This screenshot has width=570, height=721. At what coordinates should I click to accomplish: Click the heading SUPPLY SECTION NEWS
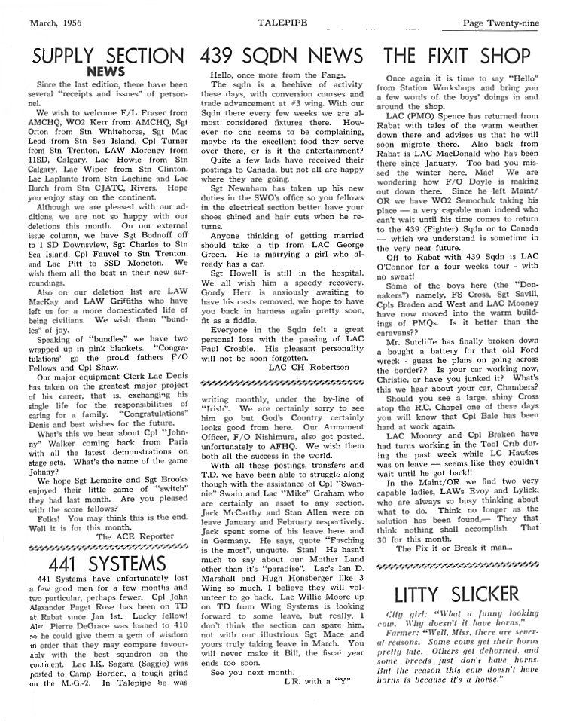tap(103, 63)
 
